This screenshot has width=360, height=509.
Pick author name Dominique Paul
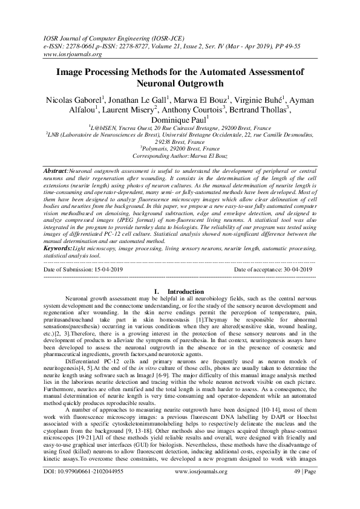pyautogui.click(x=179, y=120)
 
